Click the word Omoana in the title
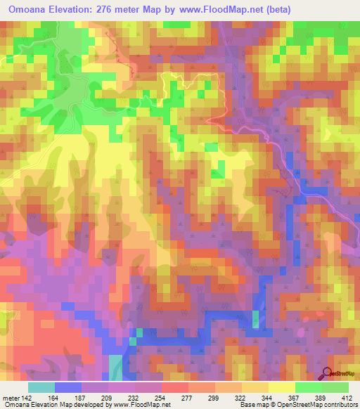coord(32,9)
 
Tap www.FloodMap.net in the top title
coord(221,9)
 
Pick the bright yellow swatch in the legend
coord(281,387)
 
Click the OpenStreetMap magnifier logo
coord(328,373)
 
